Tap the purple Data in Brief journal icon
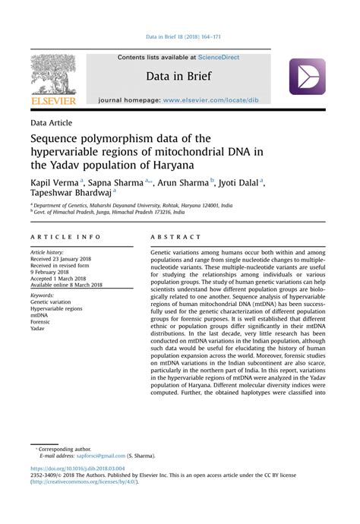tap(307, 77)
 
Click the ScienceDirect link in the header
tap(219, 57)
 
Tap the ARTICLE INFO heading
tap(65, 237)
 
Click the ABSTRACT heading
tap(176, 237)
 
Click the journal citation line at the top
tap(179, 36)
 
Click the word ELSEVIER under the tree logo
tap(54, 100)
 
